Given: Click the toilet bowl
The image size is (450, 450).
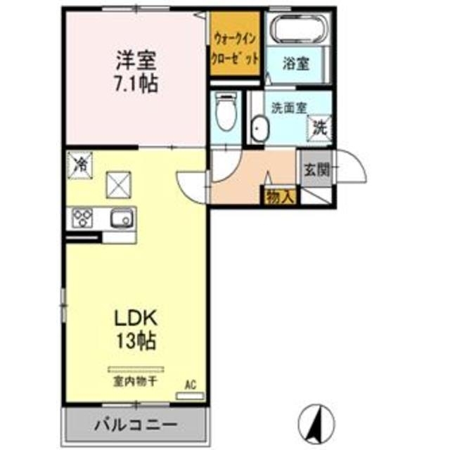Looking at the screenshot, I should point(226,112).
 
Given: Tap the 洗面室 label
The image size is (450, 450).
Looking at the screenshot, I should point(288,109).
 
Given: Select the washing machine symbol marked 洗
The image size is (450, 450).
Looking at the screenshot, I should point(320,128).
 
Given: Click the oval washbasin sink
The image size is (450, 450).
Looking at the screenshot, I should point(259,131).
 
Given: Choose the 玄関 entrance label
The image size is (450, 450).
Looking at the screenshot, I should point(316,169).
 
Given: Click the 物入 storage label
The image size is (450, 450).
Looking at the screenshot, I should point(280,197).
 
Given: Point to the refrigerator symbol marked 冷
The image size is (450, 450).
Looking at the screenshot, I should point(81,164).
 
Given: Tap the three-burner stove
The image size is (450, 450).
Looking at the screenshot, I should point(82,219).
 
